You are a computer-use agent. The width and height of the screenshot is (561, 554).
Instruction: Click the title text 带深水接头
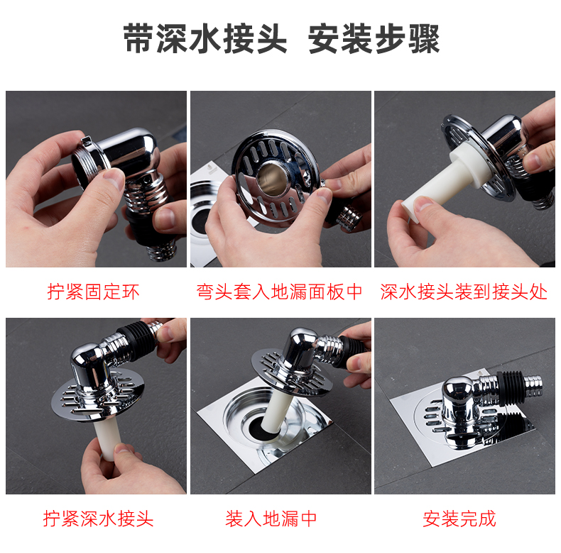[x=205, y=38]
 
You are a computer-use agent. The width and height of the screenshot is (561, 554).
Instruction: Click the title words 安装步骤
[x=374, y=38]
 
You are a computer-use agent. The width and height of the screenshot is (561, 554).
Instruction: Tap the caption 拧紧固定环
[x=93, y=292]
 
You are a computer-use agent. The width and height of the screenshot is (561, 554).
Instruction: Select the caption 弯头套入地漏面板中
[x=279, y=292]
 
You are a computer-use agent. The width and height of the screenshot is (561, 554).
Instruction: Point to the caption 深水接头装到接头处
[x=464, y=292]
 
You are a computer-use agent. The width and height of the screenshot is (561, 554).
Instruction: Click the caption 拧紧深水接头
[x=98, y=519]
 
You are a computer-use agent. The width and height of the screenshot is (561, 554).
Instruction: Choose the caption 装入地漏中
[x=271, y=519]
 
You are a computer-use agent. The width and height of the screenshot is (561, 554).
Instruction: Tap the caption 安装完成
[x=459, y=519]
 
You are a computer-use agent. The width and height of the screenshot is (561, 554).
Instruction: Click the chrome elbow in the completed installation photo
[x=462, y=400]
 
